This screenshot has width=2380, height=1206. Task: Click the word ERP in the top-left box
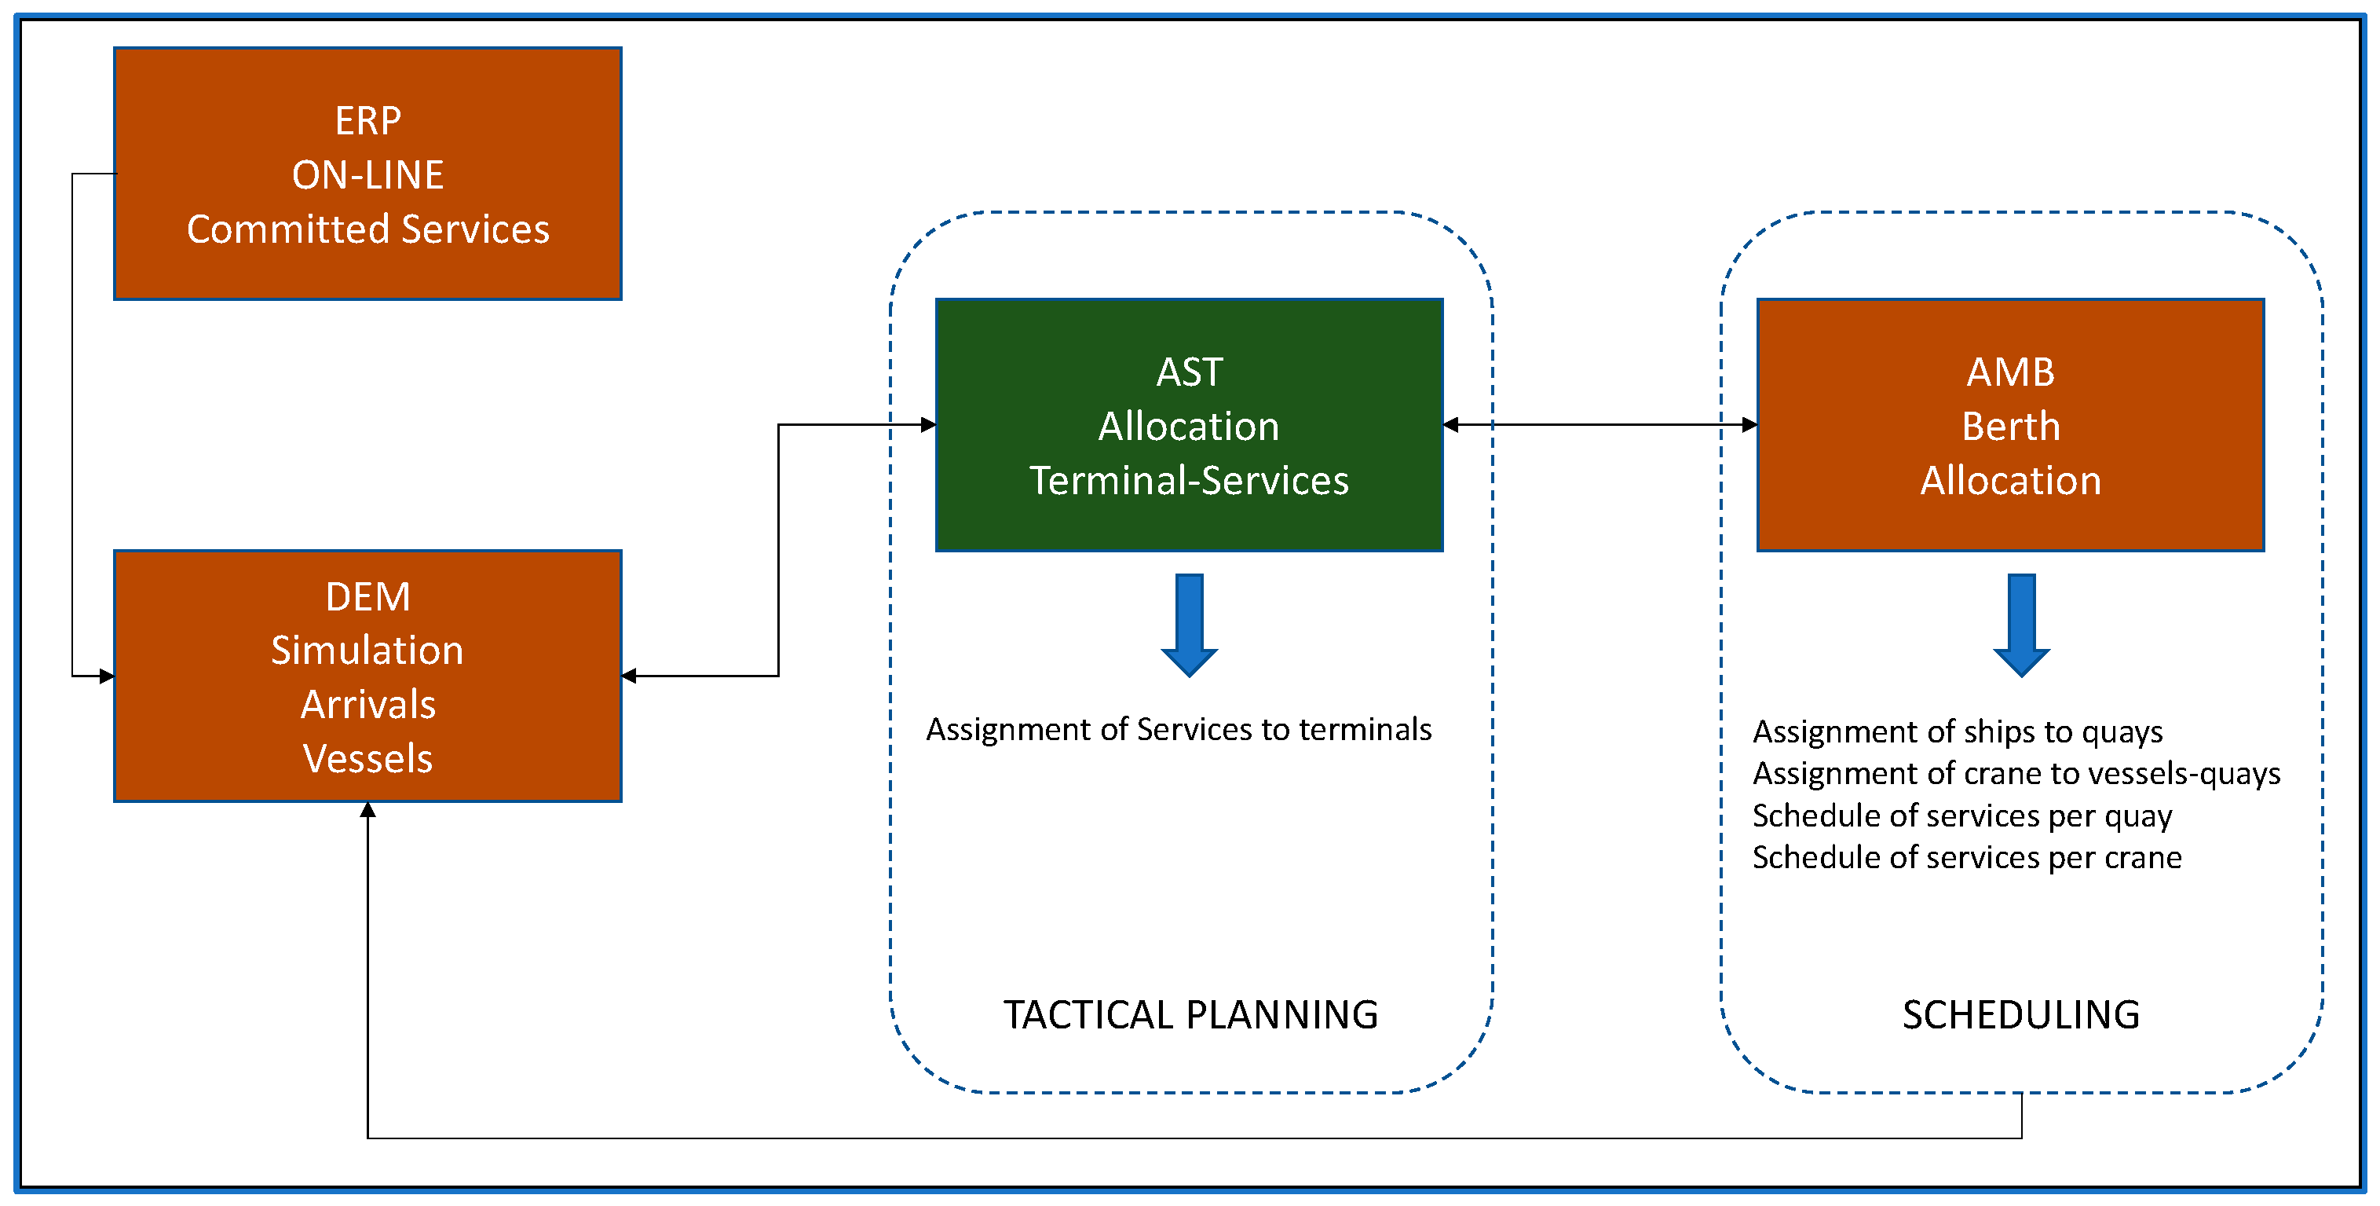pos(367,121)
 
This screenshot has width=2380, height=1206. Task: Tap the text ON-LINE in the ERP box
pos(367,174)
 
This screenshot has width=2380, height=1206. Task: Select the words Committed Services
pos(367,229)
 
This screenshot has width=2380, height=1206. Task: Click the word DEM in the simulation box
pos(367,597)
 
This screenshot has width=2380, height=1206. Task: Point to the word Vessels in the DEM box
pos(367,759)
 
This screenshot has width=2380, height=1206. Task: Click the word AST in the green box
pos(1189,372)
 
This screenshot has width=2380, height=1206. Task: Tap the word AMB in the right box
pos(2010,372)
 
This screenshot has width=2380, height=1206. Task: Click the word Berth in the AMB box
pos(2010,427)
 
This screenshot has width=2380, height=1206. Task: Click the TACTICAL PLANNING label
pos(1191,1015)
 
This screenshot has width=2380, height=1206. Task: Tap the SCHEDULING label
pos(2021,1015)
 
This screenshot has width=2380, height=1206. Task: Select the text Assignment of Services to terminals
pos(1179,729)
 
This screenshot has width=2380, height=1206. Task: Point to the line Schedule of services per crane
pos(1967,858)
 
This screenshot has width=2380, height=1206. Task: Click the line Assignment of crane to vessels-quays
pos(2016,774)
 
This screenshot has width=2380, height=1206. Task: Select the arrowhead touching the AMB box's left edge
pos(1749,425)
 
